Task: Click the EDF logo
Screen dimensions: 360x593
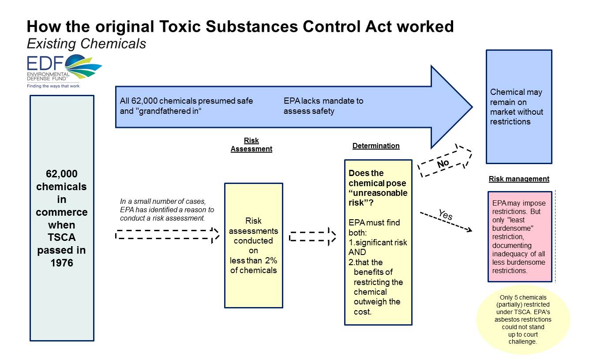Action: click(x=64, y=71)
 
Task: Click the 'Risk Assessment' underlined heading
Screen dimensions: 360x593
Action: click(x=251, y=145)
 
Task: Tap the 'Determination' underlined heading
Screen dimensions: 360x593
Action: click(x=376, y=146)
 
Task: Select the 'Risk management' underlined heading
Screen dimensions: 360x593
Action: click(x=519, y=179)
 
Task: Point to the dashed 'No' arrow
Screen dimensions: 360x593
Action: click(x=445, y=161)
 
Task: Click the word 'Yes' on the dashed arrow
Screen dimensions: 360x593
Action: click(x=445, y=215)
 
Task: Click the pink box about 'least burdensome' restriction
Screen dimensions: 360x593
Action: click(x=519, y=236)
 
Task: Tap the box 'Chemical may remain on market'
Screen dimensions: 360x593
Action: click(x=519, y=107)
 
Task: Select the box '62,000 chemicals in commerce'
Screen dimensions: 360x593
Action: click(x=62, y=218)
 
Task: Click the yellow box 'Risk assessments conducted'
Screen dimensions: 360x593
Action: click(x=253, y=245)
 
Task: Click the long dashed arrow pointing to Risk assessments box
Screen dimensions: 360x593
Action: click(x=167, y=234)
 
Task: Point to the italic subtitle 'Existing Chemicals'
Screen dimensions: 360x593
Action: click(x=86, y=44)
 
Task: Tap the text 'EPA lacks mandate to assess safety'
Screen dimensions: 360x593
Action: click(x=323, y=106)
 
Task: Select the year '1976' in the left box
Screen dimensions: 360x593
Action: click(x=61, y=263)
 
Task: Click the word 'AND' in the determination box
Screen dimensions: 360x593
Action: click(x=357, y=252)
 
